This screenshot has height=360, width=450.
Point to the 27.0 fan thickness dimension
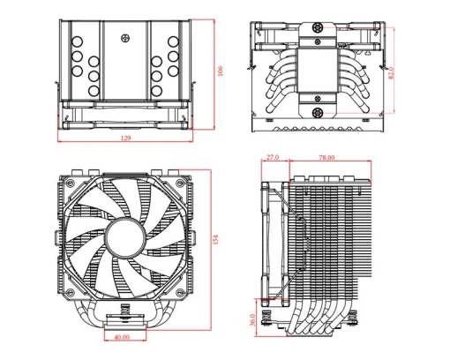point(272,157)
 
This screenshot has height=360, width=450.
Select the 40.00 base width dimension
point(121,336)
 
